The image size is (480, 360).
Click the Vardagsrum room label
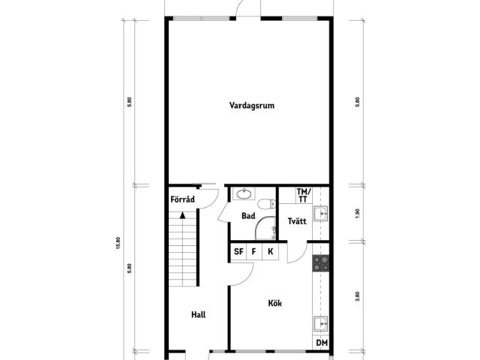coord(252,106)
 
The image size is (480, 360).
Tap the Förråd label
coord(182,199)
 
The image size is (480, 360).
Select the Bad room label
coord(248,216)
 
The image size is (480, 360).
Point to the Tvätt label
coord(297,221)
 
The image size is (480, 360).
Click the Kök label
coord(275,303)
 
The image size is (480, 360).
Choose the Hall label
coord(198,314)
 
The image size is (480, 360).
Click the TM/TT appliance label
coord(303,196)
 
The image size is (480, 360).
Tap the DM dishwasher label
coord(322,343)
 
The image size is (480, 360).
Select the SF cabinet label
coord(238,252)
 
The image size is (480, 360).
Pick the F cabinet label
coord(253,252)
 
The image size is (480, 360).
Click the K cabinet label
coord(270,252)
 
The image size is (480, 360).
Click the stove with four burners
coord(320,263)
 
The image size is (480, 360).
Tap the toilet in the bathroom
coord(267,204)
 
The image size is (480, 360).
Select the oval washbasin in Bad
coord(244,193)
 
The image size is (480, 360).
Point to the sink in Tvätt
coord(320,213)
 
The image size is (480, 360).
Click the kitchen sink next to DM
coord(320,323)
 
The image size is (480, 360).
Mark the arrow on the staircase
coord(182,215)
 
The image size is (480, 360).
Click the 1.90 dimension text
coord(358,213)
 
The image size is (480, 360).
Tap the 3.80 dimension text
coord(358,296)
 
